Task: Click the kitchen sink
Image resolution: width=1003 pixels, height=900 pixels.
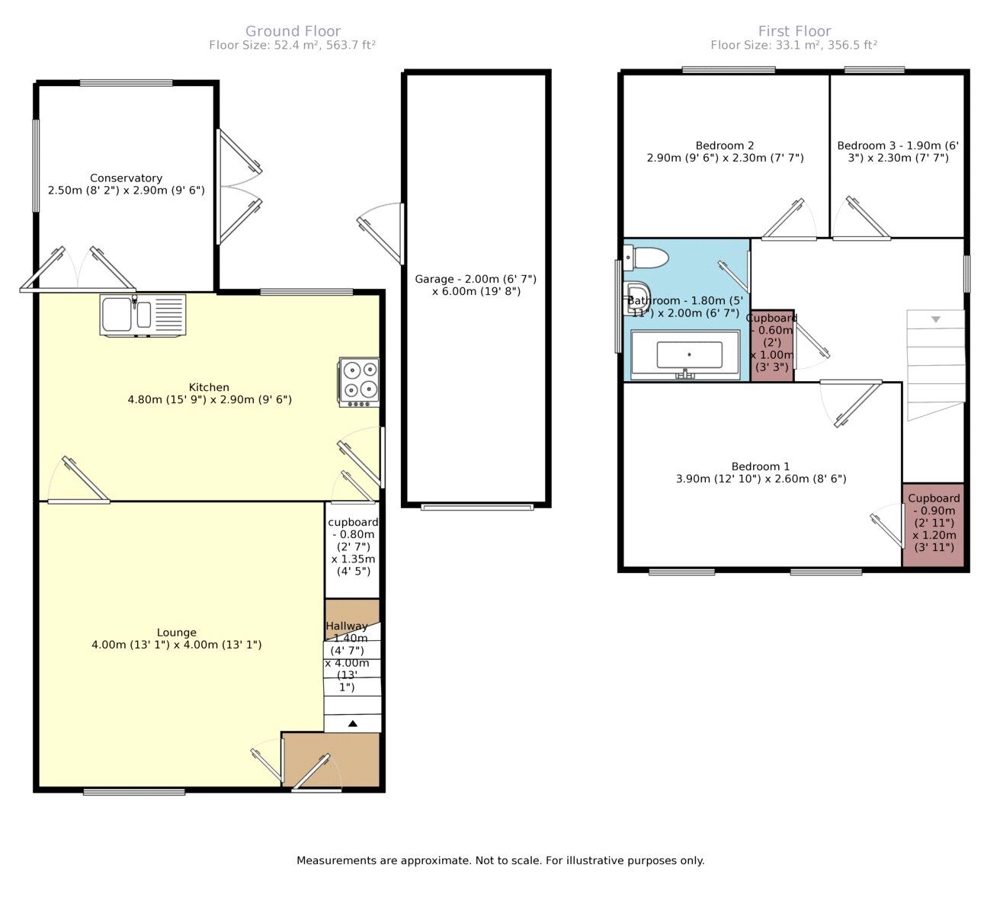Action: pyautogui.click(x=143, y=315)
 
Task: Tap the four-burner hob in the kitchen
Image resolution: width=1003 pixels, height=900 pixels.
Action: pyautogui.click(x=360, y=383)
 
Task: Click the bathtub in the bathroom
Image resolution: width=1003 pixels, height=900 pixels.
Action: pyautogui.click(x=685, y=354)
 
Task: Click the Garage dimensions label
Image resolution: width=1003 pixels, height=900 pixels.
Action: pyautogui.click(x=476, y=285)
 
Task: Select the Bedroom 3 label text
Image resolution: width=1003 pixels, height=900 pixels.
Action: pyautogui.click(x=898, y=152)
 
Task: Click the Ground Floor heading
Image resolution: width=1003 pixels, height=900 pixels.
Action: pyautogui.click(x=293, y=31)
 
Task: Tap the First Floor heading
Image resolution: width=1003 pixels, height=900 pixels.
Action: pyautogui.click(x=795, y=31)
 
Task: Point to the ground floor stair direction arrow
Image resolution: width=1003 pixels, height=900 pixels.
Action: pyautogui.click(x=352, y=723)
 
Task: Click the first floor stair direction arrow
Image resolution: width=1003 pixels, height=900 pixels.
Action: pyautogui.click(x=936, y=319)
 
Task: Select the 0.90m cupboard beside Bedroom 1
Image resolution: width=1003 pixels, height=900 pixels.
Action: pyautogui.click(x=933, y=525)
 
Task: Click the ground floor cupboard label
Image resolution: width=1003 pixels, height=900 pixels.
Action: pyautogui.click(x=353, y=546)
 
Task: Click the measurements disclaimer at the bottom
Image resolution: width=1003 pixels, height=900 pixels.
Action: pyautogui.click(x=501, y=860)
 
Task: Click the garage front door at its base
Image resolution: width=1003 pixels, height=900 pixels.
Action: pyautogui.click(x=477, y=507)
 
